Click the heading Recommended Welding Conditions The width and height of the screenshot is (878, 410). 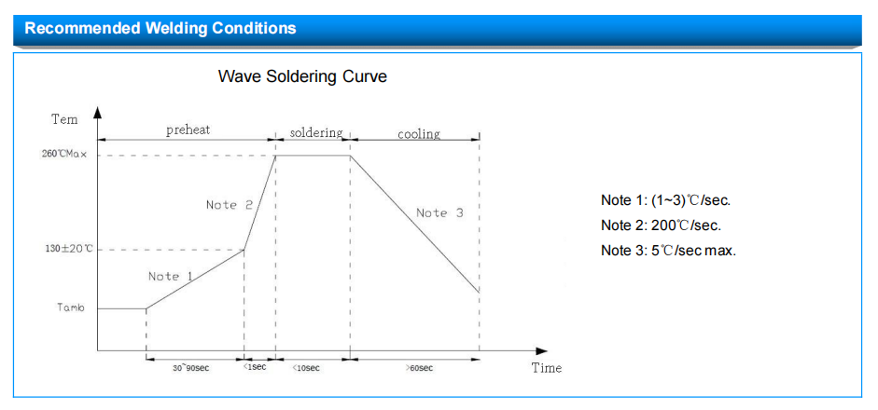pos(160,28)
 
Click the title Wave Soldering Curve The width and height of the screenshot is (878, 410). pos(302,76)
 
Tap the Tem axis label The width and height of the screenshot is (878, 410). pos(64,119)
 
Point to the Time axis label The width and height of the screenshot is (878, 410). pos(547,368)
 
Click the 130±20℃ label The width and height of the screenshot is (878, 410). pos(69,249)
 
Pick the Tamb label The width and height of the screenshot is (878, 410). pos(71,307)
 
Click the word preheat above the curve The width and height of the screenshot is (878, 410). pos(188,130)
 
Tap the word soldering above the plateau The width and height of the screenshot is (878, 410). pos(315,133)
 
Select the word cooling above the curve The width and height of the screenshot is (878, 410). pos(419,134)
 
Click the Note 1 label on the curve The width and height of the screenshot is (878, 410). pos(171,277)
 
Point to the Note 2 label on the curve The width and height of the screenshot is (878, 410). pos(229,205)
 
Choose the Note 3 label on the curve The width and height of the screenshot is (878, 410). pos(439,213)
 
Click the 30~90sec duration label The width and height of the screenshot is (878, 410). pos(190,368)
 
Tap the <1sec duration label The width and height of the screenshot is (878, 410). pos(255,367)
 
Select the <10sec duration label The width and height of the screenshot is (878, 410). pos(306,368)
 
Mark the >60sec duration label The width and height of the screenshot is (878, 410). pos(419,368)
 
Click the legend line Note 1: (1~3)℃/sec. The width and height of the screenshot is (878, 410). pos(666,200)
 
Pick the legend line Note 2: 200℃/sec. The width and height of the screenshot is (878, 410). pos(661,225)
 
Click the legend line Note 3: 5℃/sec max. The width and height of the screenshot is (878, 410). pos(669,251)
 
